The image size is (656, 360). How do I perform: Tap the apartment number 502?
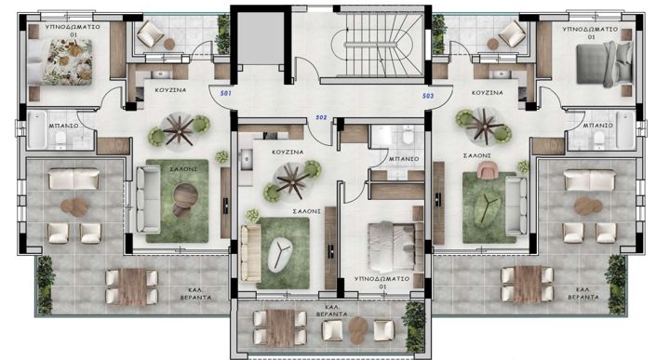pyautogui.click(x=322, y=117)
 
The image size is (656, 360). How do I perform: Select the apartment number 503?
pyautogui.click(x=428, y=96)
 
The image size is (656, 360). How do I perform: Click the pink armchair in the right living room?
pyautogui.click(x=487, y=170)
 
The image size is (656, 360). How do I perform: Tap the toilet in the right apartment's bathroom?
pyautogui.click(x=599, y=140)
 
